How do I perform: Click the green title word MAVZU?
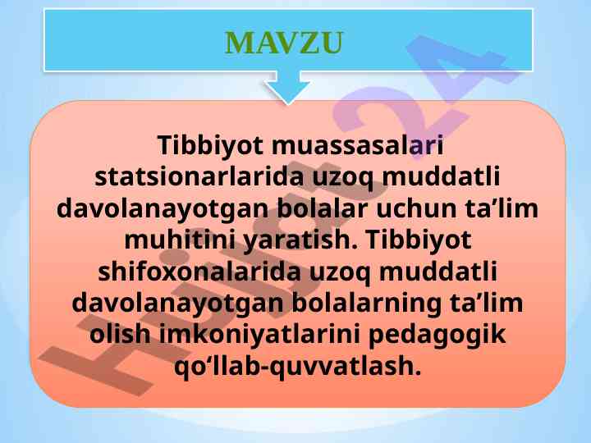[x=284, y=43]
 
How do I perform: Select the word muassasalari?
[x=357, y=145]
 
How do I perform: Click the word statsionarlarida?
[x=199, y=176]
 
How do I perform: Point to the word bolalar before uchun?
[x=323, y=208]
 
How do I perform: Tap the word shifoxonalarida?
[x=199, y=272]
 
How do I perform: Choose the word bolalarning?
[x=366, y=304]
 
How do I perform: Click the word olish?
[x=120, y=335]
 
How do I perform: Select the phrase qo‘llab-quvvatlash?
[x=297, y=367]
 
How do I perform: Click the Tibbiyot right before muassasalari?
[x=210, y=146]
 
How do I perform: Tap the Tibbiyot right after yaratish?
[x=419, y=241]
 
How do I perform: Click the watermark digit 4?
[x=460, y=68]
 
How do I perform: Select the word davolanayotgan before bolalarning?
[x=177, y=304]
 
